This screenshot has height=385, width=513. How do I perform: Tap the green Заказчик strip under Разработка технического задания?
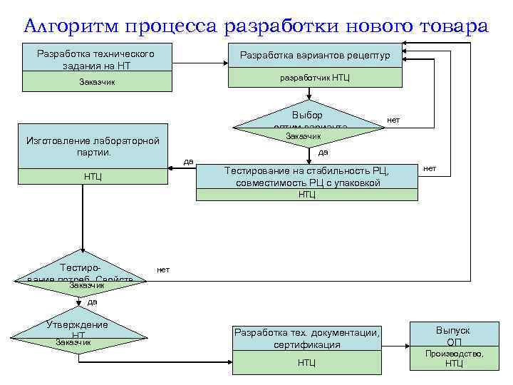click(x=95, y=82)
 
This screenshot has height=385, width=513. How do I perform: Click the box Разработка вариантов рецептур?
click(x=314, y=55)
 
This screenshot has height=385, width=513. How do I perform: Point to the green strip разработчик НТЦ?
click(x=314, y=76)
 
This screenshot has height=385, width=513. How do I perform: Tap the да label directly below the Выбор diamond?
click(x=323, y=151)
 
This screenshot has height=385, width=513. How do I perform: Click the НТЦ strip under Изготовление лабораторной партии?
click(x=92, y=176)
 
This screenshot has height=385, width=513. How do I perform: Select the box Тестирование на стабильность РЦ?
click(x=307, y=177)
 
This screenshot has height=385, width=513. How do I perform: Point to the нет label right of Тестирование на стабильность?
click(x=430, y=168)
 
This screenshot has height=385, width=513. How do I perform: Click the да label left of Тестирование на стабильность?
click(x=188, y=161)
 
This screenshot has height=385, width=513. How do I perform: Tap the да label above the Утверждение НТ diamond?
click(x=92, y=302)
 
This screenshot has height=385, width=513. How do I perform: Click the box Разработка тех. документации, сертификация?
click(x=307, y=339)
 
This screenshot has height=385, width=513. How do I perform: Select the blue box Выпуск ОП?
click(x=453, y=335)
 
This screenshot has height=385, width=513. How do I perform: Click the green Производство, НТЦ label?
click(x=453, y=359)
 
